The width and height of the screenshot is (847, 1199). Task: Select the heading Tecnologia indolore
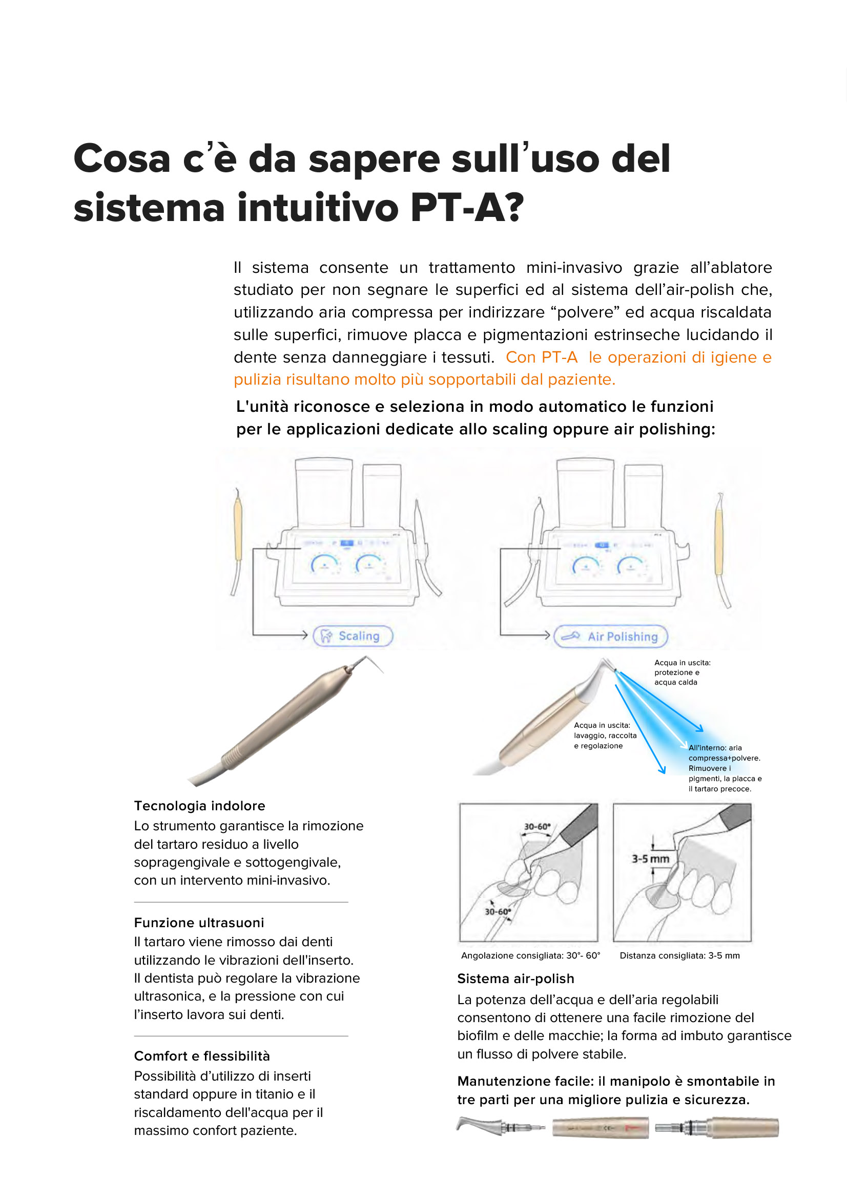(199, 806)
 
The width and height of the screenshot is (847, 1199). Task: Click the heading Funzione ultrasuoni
(199, 923)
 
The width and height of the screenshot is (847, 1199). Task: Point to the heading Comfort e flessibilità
(202, 1056)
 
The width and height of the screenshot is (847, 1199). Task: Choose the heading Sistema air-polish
(515, 978)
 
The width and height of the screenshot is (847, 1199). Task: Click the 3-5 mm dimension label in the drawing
(650, 858)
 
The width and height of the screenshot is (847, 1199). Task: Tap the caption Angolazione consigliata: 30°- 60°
(531, 955)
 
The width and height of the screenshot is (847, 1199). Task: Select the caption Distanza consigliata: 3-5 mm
(679, 955)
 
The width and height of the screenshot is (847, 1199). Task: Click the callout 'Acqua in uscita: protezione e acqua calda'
(681, 672)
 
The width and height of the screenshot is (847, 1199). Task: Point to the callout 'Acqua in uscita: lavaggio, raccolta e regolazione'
(605, 735)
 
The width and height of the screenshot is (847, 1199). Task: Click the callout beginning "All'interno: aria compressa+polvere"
(724, 768)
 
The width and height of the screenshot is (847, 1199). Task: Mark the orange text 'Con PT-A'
(541, 357)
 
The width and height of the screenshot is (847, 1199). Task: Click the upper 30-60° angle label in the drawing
(537, 827)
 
